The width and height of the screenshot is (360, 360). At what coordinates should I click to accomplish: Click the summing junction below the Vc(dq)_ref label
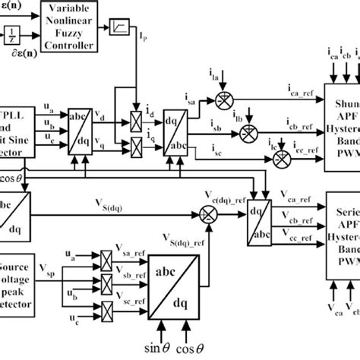point(226,191)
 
